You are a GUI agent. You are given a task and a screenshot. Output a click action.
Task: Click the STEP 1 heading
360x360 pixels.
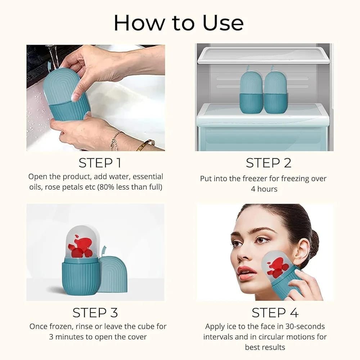coord(100,163)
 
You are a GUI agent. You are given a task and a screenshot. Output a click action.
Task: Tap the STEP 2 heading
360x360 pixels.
coord(268,163)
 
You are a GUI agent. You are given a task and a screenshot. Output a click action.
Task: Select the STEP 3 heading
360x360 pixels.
coord(95,312)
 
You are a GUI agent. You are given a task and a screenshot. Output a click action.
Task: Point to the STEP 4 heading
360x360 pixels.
coord(275,312)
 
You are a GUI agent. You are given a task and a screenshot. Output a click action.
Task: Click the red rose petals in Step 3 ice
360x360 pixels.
coord(80,248)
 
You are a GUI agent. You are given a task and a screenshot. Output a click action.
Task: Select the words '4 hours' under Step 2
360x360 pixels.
coord(264,189)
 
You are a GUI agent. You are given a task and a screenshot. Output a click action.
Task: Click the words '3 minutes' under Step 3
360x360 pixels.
coord(66,337)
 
